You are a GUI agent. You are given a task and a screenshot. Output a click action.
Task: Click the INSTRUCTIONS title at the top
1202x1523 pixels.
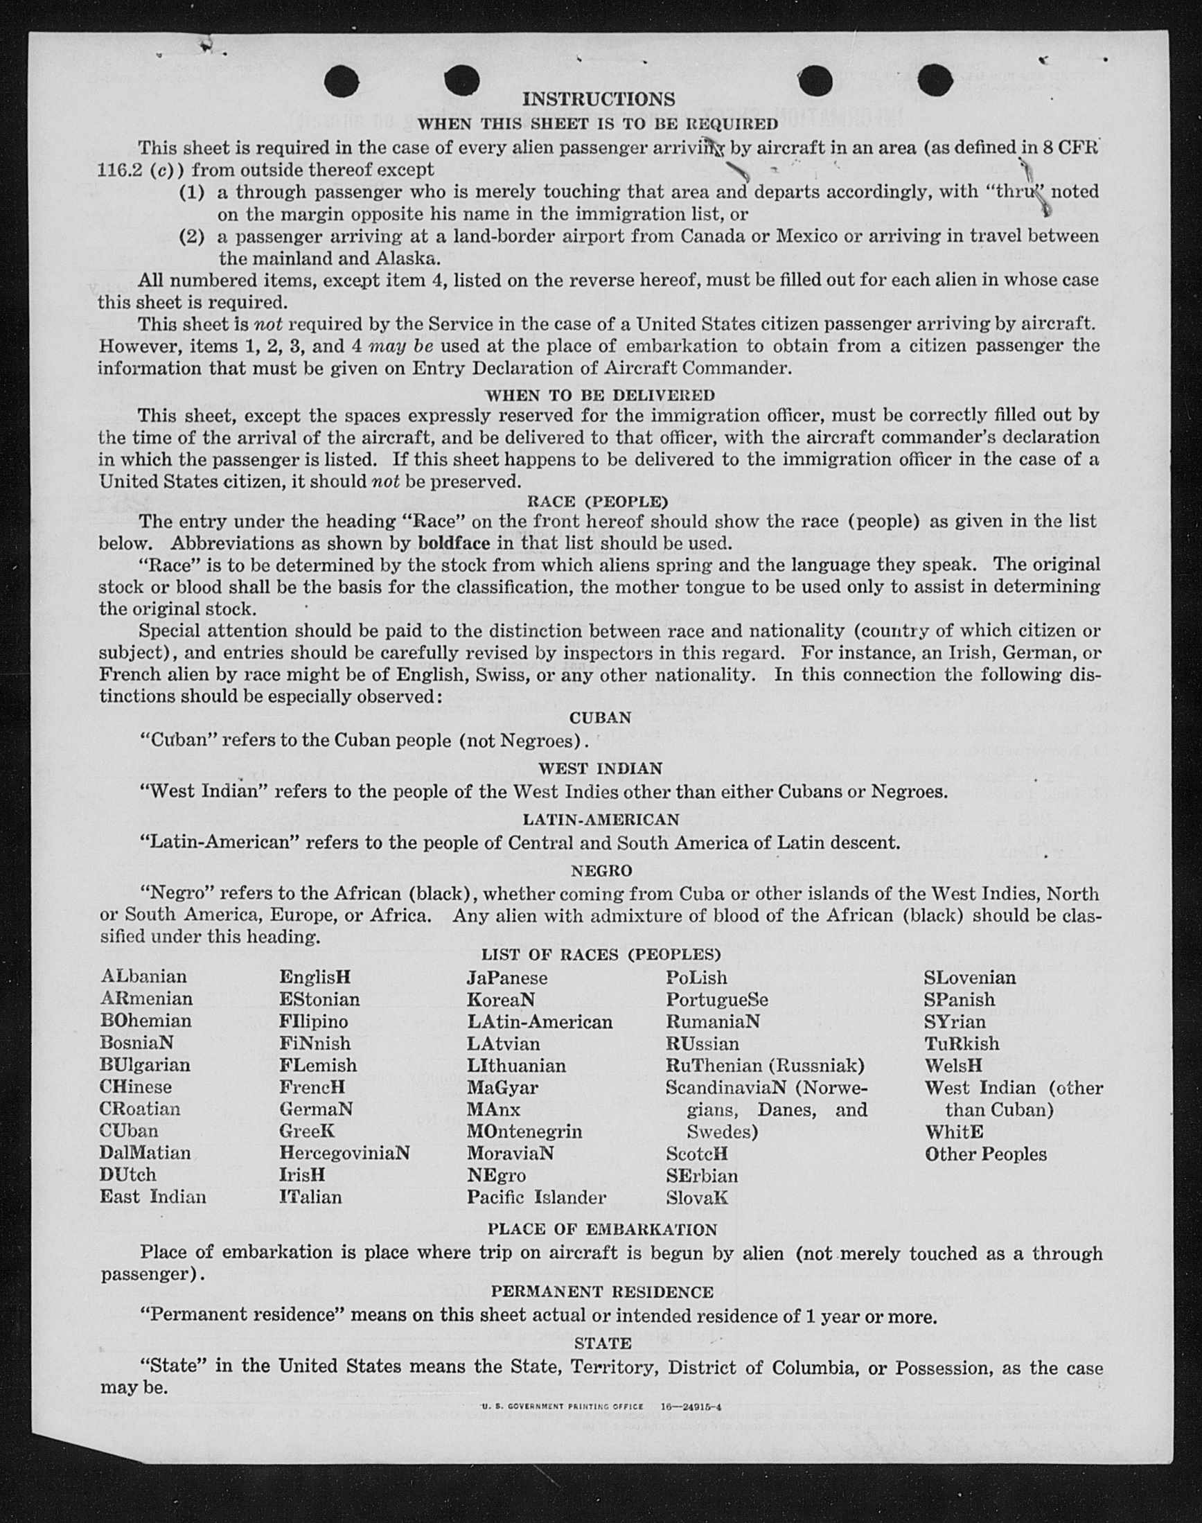tap(598, 99)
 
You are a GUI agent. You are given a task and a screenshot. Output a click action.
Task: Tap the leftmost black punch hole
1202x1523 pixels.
tap(342, 82)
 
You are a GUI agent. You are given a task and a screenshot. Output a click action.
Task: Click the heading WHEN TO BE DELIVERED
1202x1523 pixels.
tap(599, 395)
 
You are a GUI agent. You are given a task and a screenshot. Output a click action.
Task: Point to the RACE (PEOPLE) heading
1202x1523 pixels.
tap(597, 502)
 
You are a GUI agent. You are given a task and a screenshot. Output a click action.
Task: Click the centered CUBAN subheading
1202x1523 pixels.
tap(600, 718)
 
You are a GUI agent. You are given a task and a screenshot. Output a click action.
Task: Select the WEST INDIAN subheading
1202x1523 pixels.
tap(600, 768)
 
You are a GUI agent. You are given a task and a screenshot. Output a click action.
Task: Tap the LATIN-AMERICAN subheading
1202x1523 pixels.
tap(600, 819)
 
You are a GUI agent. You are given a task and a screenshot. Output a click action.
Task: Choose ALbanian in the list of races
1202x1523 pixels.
tap(143, 977)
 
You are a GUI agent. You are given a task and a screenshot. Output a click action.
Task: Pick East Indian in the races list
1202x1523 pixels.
tap(152, 1197)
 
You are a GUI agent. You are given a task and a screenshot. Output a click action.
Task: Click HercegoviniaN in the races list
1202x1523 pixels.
tap(344, 1153)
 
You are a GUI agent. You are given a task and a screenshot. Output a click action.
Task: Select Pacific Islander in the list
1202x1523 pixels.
tap(536, 1197)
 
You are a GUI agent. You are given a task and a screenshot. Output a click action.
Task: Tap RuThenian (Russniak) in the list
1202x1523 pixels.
tap(765, 1066)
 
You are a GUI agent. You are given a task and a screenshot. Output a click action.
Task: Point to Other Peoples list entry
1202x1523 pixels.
tap(985, 1154)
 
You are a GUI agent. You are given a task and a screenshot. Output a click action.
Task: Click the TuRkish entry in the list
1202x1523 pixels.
tap(962, 1044)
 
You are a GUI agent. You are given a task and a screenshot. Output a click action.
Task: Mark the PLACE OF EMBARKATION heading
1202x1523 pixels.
tap(603, 1229)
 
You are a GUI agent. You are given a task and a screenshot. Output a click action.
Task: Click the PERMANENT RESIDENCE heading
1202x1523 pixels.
tap(602, 1292)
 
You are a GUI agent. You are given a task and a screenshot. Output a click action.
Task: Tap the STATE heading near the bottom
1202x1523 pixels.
tap(603, 1344)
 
